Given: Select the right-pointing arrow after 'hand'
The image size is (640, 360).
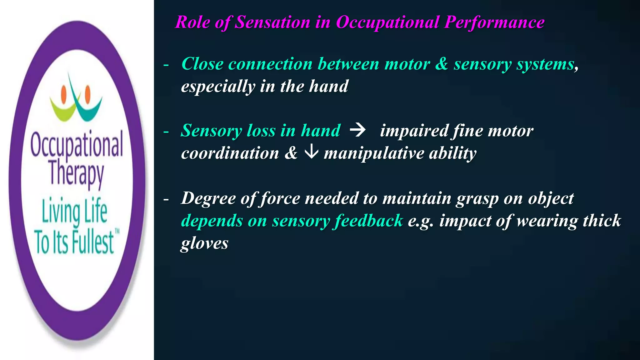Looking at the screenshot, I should tap(357, 130).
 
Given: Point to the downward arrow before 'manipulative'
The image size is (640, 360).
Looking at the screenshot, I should tap(311, 152).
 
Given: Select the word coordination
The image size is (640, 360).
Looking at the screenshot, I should tap(230, 153).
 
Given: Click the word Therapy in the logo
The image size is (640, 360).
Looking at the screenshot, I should tap(77, 173).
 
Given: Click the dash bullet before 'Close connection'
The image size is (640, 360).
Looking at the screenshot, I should tap(166, 65).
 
